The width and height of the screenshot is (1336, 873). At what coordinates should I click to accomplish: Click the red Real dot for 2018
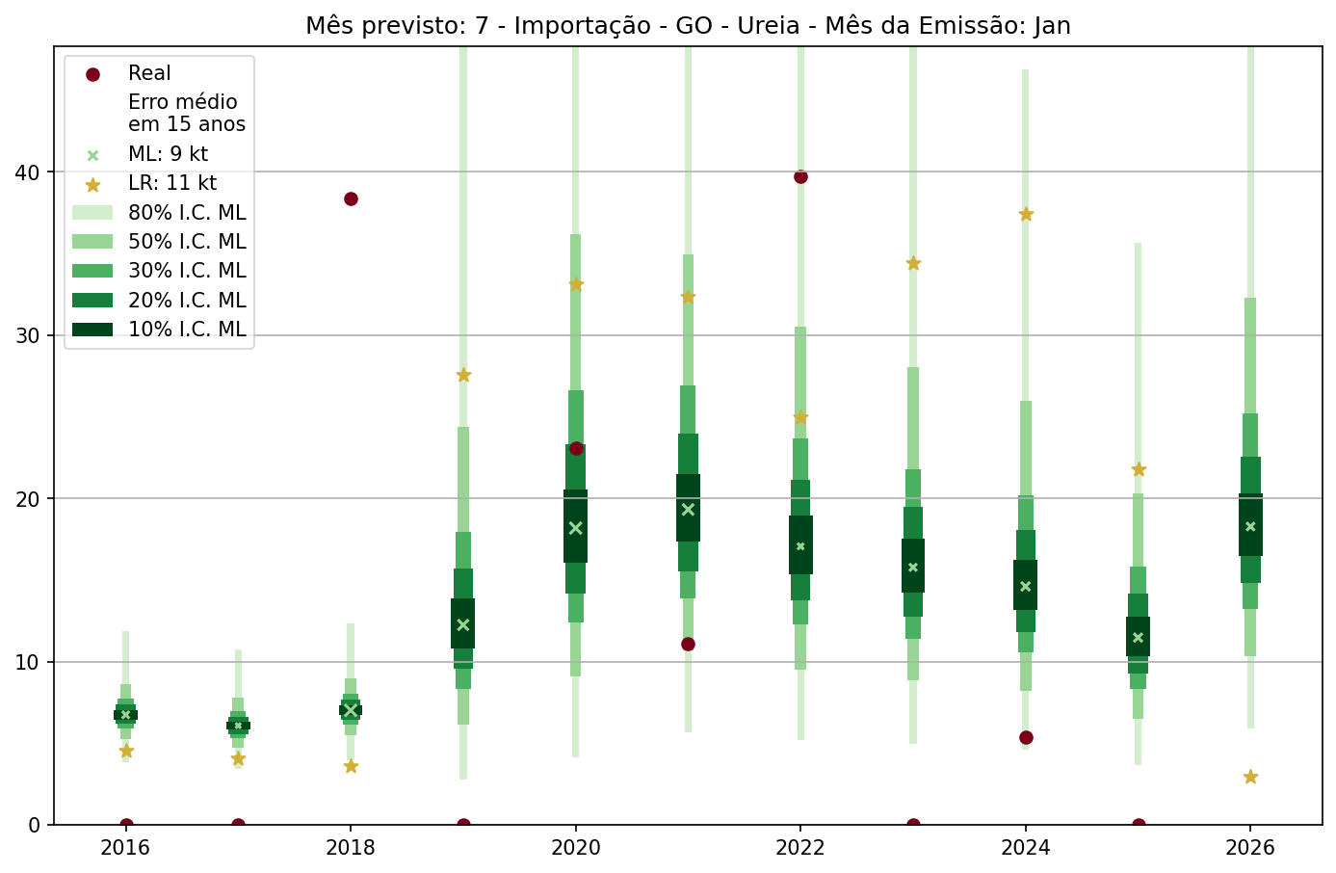click(x=351, y=198)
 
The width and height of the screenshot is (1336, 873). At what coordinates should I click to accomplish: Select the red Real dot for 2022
click(x=800, y=176)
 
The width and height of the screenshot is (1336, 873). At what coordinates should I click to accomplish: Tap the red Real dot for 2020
click(x=576, y=448)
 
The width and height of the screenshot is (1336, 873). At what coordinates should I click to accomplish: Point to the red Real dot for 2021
click(x=688, y=644)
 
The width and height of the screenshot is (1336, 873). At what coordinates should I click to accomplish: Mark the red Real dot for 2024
click(x=1026, y=737)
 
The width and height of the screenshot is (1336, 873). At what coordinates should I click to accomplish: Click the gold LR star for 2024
click(x=1026, y=214)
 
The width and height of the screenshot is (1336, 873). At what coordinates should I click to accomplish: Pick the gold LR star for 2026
click(x=1250, y=777)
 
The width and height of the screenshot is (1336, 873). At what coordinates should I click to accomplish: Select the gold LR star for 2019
click(x=463, y=375)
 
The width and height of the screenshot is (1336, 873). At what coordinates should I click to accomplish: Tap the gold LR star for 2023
click(x=913, y=263)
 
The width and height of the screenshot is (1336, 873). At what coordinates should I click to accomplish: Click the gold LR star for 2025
click(x=1139, y=469)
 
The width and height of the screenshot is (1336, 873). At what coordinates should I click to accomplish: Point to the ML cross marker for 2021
click(x=688, y=510)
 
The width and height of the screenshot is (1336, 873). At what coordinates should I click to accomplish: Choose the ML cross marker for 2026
click(x=1250, y=526)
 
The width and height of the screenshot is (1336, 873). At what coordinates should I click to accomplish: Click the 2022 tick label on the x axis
click(x=800, y=848)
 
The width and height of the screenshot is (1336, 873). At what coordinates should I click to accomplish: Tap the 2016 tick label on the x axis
click(x=125, y=848)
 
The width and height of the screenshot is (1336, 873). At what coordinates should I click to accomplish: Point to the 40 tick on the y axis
click(x=29, y=172)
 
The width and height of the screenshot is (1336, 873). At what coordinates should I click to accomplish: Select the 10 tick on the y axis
click(x=29, y=662)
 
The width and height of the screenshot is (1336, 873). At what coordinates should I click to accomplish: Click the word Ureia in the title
click(x=768, y=26)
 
